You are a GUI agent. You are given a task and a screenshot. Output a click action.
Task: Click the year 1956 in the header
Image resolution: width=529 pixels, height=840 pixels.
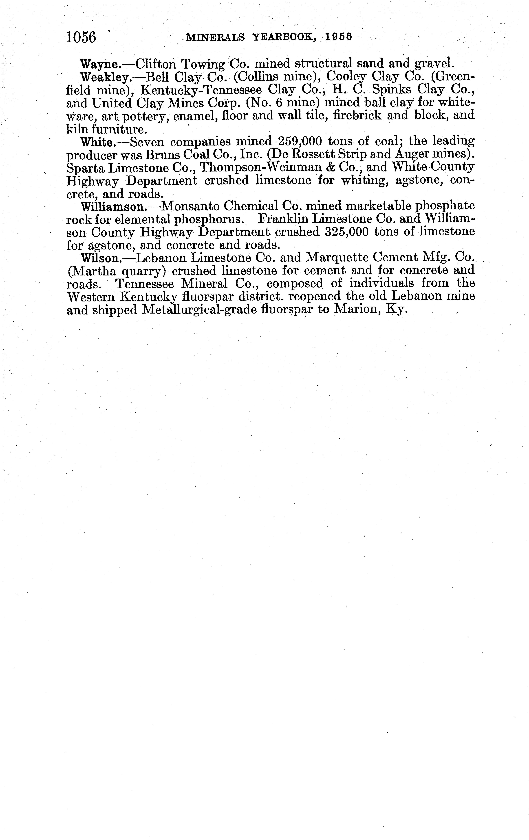(x=338, y=37)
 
